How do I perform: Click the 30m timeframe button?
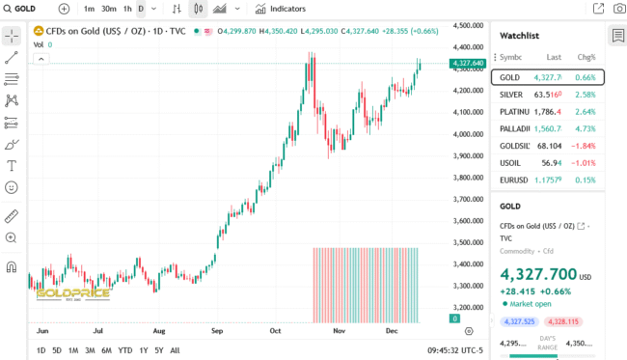point(109,9)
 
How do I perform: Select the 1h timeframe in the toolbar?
point(127,9)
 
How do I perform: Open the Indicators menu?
point(281,9)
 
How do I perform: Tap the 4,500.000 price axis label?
point(467,25)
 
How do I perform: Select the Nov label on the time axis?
point(339,330)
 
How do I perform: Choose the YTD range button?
point(125,349)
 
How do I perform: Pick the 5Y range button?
point(159,349)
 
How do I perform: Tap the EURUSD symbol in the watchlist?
point(513,180)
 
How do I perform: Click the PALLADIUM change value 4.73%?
point(586,128)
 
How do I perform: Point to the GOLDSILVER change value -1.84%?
point(584,146)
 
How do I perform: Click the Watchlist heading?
point(519,35)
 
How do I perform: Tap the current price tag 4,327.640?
point(467,64)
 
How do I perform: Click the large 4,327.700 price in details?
point(538,274)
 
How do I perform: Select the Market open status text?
point(530,303)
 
